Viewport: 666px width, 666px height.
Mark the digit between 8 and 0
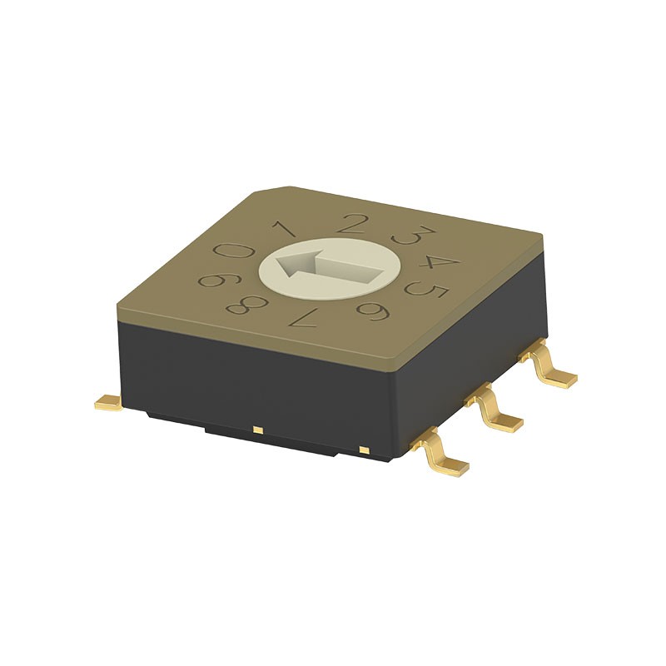pyautogui.click(x=211, y=280)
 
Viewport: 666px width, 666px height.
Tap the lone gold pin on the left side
pyautogui.click(x=109, y=403)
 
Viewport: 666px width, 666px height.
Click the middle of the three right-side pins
pyautogui.click(x=498, y=414)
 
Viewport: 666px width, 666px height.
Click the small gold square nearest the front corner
pyautogui.click(x=363, y=450)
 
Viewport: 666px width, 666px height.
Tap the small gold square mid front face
pyautogui.click(x=258, y=430)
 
